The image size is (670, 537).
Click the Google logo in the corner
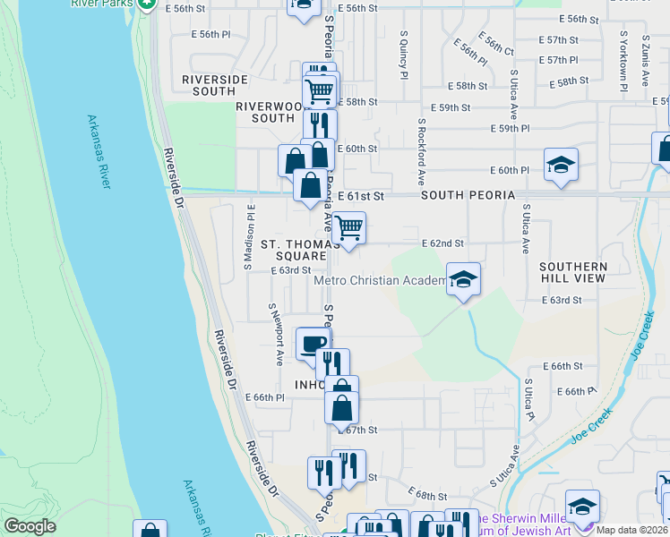pos(30,525)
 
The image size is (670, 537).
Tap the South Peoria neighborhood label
pos(468,195)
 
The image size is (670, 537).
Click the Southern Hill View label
pos(573,273)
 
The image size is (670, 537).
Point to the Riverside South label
pos(214,85)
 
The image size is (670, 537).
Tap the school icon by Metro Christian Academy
pos(463,280)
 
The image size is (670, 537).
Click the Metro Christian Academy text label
pos(380,281)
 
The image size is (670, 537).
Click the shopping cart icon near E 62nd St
pos(348,228)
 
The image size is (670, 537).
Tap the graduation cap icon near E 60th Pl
pos(561,166)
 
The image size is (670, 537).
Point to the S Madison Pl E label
pos(250,236)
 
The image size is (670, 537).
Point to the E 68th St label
pos(426,494)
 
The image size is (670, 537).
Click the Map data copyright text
pos(632,530)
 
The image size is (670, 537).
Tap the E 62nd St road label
pos(442,243)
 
